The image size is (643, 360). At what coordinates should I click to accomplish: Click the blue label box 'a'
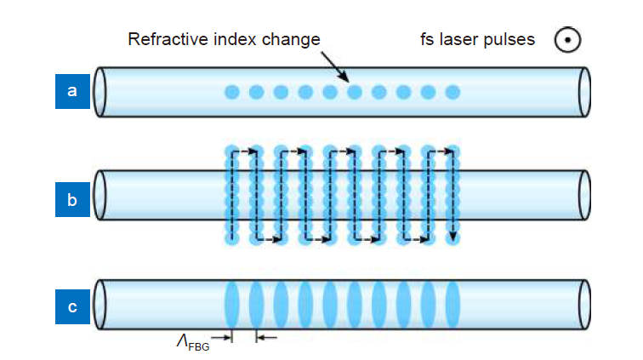pyautogui.click(x=72, y=92)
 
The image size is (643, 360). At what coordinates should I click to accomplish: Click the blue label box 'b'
pyautogui.click(x=72, y=202)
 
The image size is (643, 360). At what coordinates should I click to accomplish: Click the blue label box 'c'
pyautogui.click(x=72, y=307)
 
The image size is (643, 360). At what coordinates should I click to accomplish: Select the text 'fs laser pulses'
pyautogui.click(x=478, y=40)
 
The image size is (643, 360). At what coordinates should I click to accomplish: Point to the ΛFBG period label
pyautogui.click(x=191, y=341)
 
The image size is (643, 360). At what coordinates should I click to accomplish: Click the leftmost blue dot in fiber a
pyautogui.click(x=231, y=92)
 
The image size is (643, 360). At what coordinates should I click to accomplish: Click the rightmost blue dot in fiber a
pyautogui.click(x=453, y=92)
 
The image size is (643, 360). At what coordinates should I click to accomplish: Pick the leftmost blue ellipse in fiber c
pyautogui.click(x=231, y=304)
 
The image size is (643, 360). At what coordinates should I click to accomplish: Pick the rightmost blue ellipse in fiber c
pyautogui.click(x=453, y=304)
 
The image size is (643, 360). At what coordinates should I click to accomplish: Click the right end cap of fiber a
pyautogui.click(x=583, y=92)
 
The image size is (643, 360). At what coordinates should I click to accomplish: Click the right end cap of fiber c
pyautogui.click(x=583, y=304)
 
